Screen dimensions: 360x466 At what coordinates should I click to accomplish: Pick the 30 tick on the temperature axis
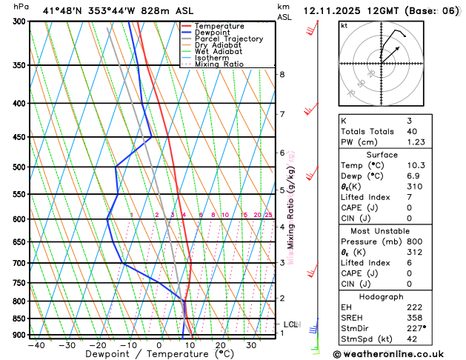click(251, 345)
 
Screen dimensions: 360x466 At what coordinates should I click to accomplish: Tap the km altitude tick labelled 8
click(282, 75)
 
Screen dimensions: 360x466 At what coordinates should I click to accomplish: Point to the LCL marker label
click(290, 324)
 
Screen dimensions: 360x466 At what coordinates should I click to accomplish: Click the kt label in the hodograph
click(344, 26)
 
